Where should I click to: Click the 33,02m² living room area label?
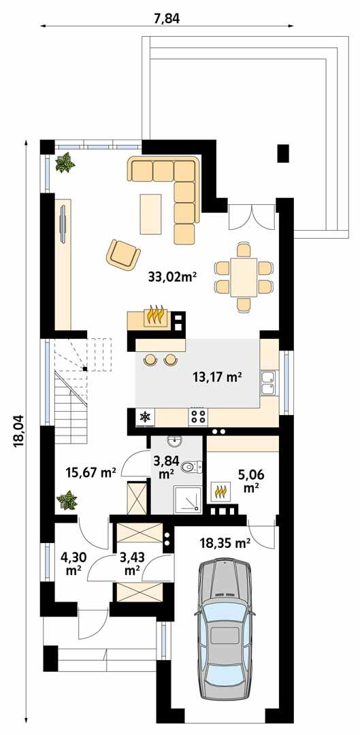click(x=171, y=276)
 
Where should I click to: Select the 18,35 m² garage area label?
click(x=225, y=542)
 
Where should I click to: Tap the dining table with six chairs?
click(x=244, y=276)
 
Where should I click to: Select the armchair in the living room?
click(x=122, y=254)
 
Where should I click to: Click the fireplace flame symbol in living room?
click(x=157, y=316)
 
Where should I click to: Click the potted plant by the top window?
click(x=65, y=163)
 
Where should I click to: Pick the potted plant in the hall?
click(x=67, y=502)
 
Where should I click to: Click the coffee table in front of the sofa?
click(x=150, y=212)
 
